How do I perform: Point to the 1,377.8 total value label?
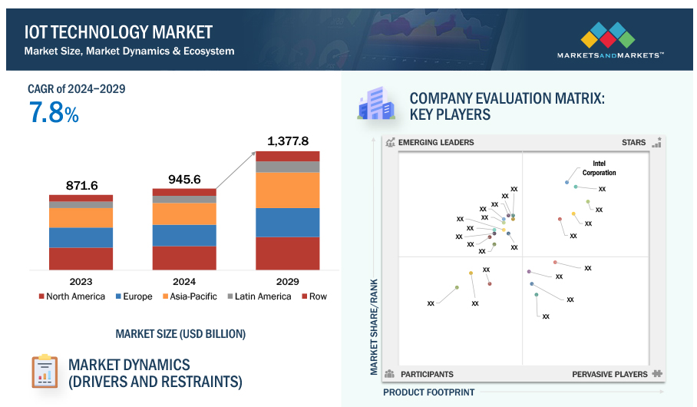pyautogui.click(x=287, y=141)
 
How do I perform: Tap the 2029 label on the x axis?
pyautogui.click(x=287, y=282)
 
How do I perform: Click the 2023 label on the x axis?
pyautogui.click(x=81, y=282)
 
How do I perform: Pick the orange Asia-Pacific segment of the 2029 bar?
pyautogui.click(x=287, y=190)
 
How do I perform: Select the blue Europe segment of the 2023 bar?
pyautogui.click(x=81, y=237)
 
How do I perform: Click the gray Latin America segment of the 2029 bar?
pyautogui.click(x=287, y=167)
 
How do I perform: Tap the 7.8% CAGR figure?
pyautogui.click(x=54, y=114)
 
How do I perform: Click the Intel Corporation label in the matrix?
pyautogui.click(x=599, y=168)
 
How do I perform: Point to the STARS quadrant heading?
pyautogui.click(x=633, y=143)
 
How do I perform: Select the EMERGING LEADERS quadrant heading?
pyautogui.click(x=437, y=143)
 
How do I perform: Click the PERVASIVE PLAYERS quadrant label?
pyautogui.click(x=609, y=374)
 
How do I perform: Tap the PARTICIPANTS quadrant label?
pyautogui.click(x=427, y=374)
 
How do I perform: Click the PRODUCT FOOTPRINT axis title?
pyautogui.click(x=428, y=392)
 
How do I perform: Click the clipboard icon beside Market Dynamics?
pyautogui.click(x=45, y=372)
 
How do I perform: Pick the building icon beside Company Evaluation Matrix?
pyautogui.click(x=375, y=104)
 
